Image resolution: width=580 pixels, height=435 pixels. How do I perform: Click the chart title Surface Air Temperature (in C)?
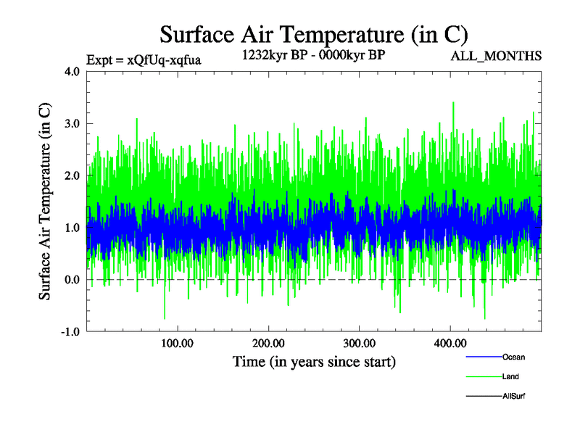(x=314, y=34)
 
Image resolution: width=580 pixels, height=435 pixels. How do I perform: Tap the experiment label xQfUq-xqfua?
(x=143, y=59)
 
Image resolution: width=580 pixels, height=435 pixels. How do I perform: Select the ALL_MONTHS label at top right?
(x=497, y=56)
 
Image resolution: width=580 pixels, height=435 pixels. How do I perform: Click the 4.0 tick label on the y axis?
(x=72, y=72)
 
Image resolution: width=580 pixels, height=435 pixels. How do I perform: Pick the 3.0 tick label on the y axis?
(x=72, y=124)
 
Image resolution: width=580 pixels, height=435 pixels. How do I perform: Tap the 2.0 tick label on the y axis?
(x=72, y=176)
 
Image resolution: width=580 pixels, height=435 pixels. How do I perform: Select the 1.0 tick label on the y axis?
(x=72, y=228)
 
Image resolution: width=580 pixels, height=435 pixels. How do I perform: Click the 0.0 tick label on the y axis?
(x=72, y=280)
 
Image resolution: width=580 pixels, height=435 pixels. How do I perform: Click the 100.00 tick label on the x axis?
(x=178, y=343)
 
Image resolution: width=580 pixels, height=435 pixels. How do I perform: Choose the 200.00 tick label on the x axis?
(x=268, y=343)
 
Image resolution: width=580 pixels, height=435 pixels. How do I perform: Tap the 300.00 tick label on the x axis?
(x=359, y=343)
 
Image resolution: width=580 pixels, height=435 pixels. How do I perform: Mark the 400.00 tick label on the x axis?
(x=449, y=343)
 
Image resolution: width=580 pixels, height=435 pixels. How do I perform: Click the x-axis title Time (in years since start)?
(x=314, y=361)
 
